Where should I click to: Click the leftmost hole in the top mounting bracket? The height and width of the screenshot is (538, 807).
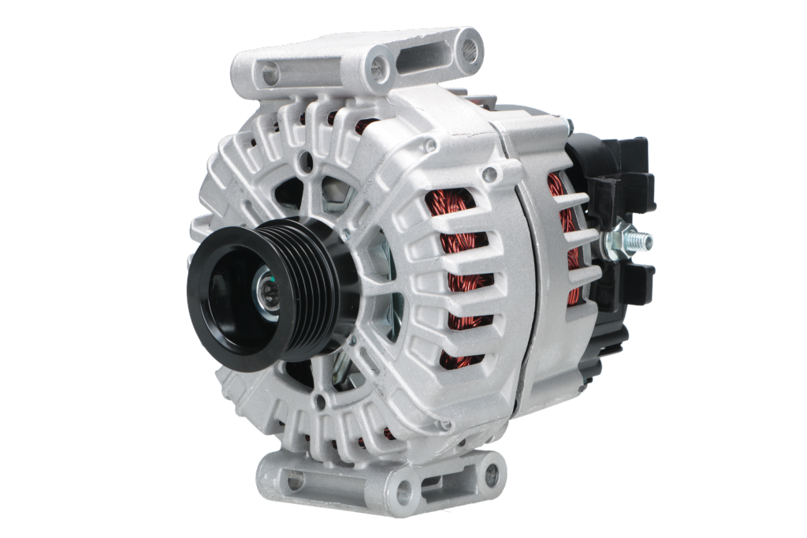pos(270,73)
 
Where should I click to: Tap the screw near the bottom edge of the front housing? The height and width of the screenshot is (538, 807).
pos(446,425)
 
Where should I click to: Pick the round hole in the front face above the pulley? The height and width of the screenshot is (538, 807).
pos(306,163)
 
